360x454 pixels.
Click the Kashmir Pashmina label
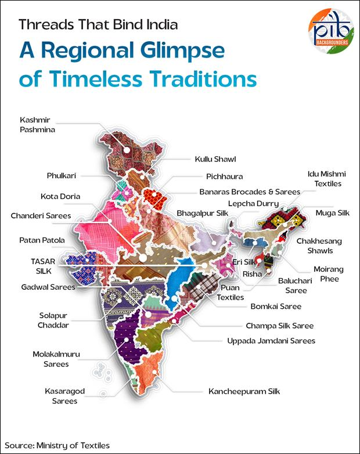coord(38,125)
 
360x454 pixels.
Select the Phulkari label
coord(62,175)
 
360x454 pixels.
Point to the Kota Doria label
coord(60,196)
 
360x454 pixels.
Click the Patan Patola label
coord(42,239)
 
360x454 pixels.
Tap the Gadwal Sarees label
coord(48,287)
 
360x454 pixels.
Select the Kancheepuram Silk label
coord(244,391)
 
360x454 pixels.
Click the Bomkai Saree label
coord(275,306)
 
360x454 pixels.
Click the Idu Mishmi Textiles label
coord(324,178)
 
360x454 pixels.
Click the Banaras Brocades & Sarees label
coord(250,191)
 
